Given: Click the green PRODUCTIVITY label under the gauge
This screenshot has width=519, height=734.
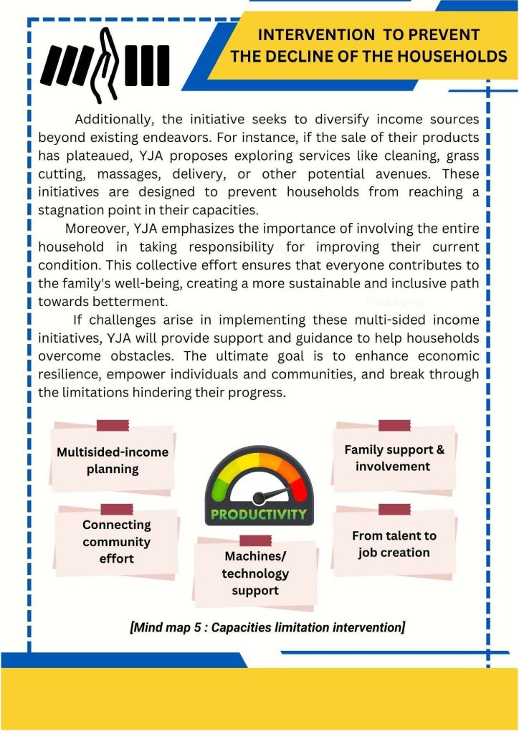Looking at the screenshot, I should [259, 514].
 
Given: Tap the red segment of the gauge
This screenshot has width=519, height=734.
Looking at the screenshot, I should [298, 487].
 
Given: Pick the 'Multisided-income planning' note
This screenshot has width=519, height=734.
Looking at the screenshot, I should [113, 461].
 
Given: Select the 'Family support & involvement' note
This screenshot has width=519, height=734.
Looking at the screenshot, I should [394, 458].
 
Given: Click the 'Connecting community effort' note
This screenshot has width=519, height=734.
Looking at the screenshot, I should [116, 542].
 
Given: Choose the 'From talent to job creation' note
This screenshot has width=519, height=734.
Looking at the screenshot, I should [394, 544].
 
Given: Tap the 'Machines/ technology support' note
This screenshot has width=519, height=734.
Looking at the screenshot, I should [255, 573].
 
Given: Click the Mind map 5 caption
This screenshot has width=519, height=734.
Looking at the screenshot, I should [267, 628].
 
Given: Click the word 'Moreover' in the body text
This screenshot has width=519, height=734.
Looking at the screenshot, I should [91, 229].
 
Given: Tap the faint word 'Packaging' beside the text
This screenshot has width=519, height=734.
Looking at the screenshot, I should [394, 302].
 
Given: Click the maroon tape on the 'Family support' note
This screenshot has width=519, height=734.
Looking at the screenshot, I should [394, 425].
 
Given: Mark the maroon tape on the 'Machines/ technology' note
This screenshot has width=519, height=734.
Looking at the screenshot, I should [255, 540].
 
